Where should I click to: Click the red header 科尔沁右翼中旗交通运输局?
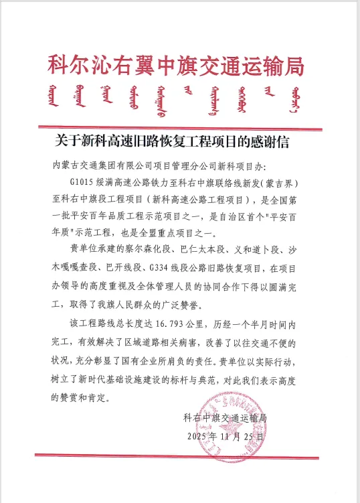176,66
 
